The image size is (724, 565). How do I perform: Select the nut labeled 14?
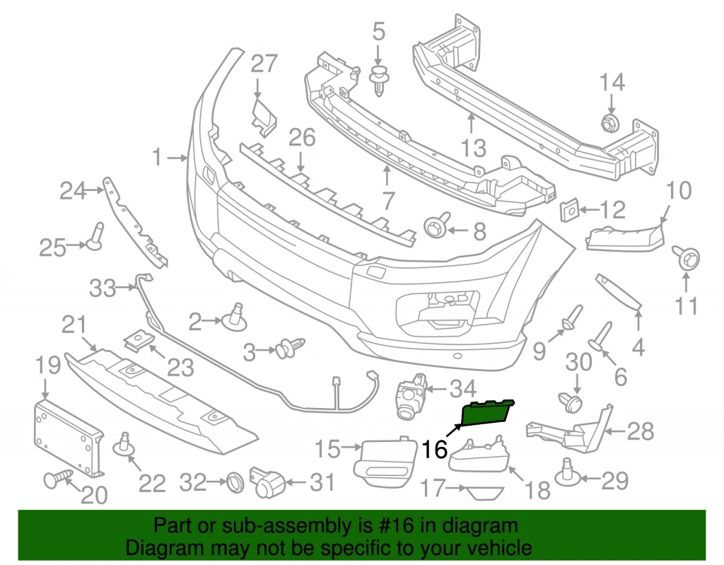point(609,122)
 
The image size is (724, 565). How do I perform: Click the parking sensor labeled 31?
point(268,484)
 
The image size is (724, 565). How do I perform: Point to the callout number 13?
point(473,148)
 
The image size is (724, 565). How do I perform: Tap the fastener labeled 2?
point(237,318)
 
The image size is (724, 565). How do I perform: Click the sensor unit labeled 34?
point(411,394)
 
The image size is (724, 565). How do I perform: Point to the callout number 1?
point(157,157)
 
